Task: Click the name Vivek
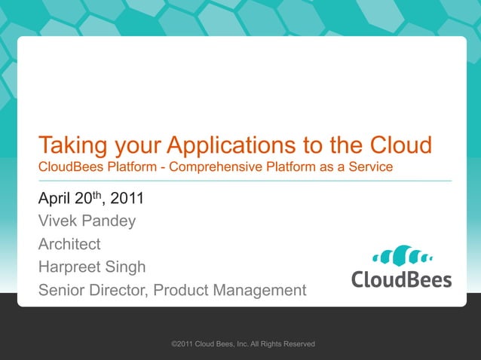pos(58,221)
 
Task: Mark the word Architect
pos(69,244)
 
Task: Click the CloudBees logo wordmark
pos(401,279)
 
